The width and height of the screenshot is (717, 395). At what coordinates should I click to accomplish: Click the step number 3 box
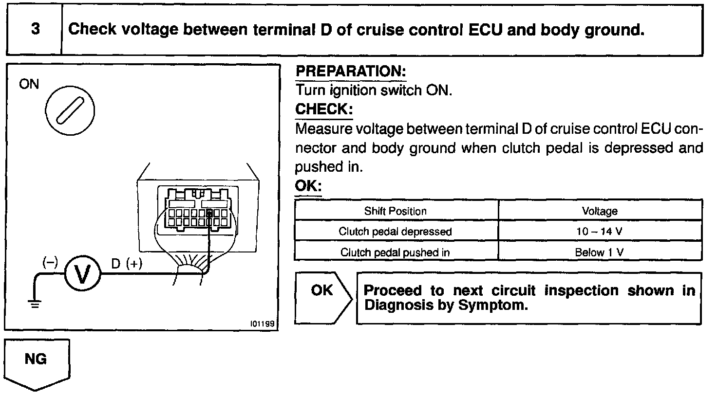[x=35, y=30]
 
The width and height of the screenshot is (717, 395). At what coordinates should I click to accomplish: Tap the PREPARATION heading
[x=351, y=72]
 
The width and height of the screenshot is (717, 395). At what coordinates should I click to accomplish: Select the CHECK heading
[x=323, y=109]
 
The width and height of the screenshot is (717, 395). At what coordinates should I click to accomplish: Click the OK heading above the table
[x=308, y=186]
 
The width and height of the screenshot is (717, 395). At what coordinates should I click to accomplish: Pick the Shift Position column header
[x=395, y=211]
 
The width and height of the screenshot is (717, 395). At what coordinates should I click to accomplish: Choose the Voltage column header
[x=600, y=211]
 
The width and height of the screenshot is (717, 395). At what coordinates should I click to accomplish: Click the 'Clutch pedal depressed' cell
[x=395, y=232]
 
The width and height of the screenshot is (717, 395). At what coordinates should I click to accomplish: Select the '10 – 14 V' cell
[x=600, y=232]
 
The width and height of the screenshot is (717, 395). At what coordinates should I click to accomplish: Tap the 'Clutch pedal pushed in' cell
[x=395, y=252]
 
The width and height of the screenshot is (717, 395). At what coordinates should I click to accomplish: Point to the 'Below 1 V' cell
[x=600, y=252]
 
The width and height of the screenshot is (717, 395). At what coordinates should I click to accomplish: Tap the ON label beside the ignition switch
[x=28, y=85]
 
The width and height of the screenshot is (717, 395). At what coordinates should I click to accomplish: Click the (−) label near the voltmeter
[x=50, y=262]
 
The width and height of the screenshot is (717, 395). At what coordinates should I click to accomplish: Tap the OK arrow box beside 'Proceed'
[x=323, y=297]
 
